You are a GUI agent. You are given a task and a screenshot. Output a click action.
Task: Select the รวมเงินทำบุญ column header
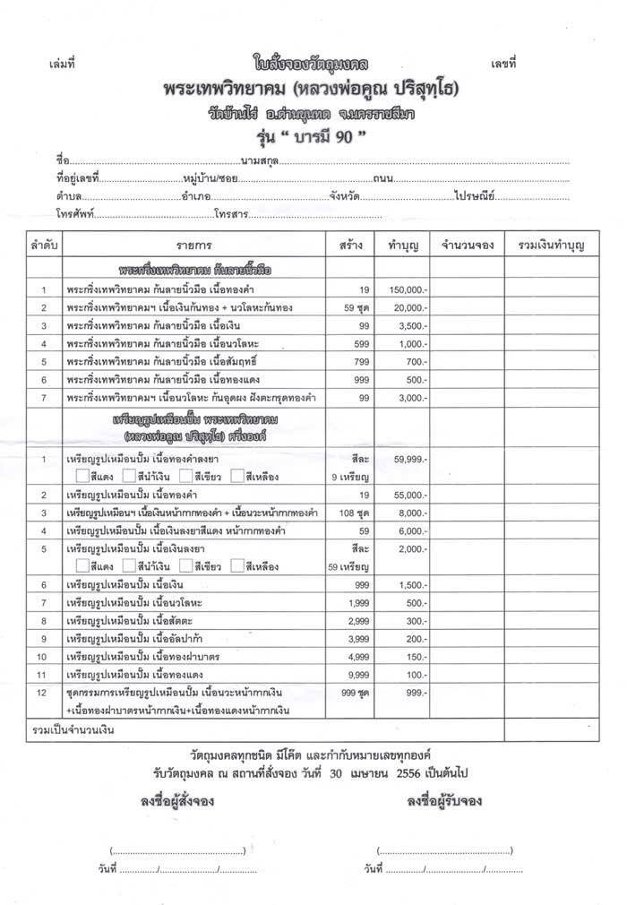pos(545,244)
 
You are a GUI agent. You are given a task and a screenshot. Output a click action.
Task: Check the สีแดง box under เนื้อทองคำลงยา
pos(82,477)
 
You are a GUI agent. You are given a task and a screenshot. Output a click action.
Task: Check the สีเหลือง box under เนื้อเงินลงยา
pos(236,566)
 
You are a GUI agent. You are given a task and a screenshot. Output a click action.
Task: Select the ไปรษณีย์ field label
pos(475,196)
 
